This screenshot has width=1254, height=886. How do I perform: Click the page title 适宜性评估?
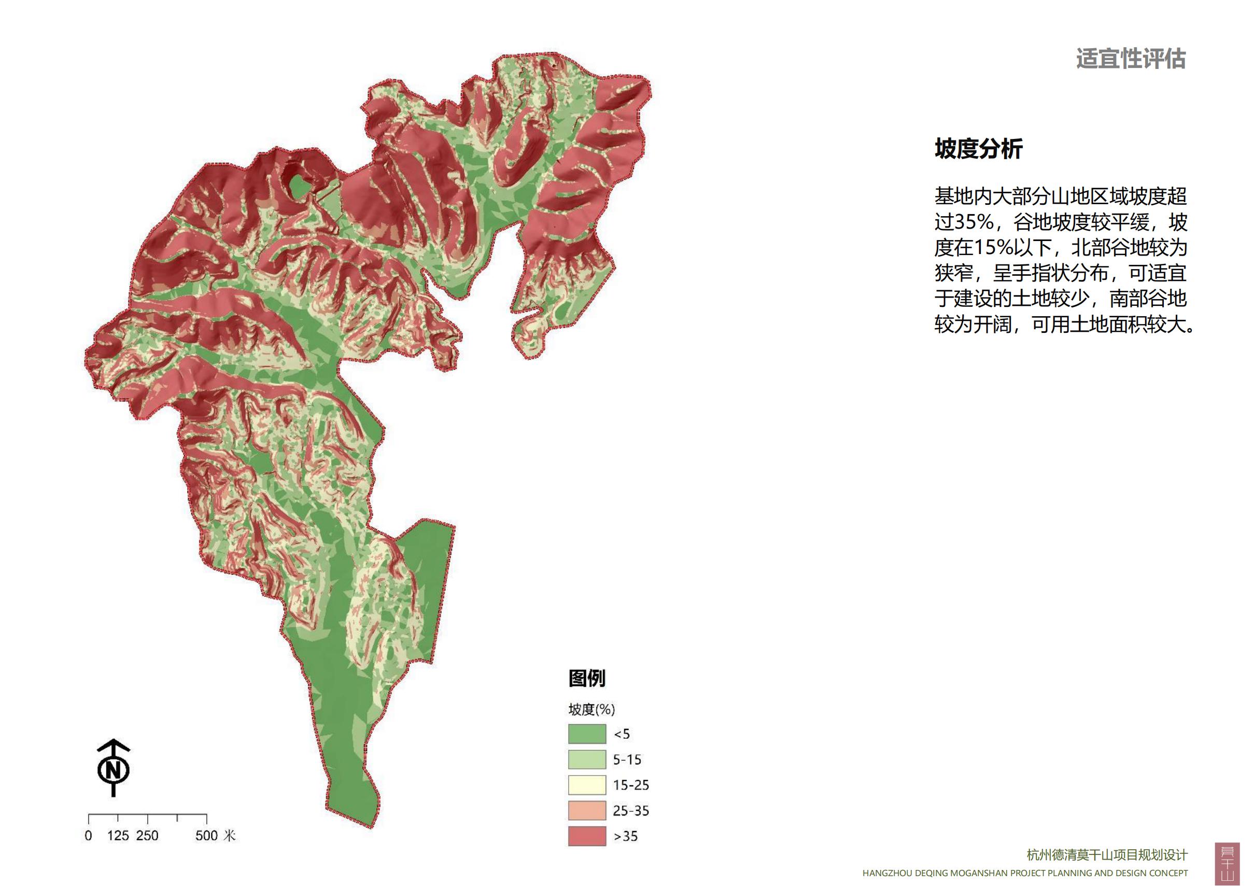coord(1130,59)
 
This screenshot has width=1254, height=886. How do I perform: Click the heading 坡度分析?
coord(978,149)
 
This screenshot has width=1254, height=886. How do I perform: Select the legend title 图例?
coord(587,679)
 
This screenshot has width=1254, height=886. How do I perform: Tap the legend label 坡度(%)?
coord(591,710)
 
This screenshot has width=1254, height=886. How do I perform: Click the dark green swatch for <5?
coord(587,734)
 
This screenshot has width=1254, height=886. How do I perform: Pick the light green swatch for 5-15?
coord(587,760)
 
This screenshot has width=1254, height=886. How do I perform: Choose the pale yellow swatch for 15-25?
coord(587,785)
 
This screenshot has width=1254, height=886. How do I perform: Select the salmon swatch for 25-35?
coord(587,811)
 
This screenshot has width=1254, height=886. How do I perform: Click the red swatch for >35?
coord(587,836)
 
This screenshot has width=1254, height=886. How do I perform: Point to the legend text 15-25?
coord(631,785)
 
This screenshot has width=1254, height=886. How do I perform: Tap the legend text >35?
coord(626,836)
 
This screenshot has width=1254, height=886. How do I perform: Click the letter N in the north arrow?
coord(113,770)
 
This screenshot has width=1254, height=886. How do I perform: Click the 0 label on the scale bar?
coord(89,836)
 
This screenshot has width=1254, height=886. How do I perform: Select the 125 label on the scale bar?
coord(118,836)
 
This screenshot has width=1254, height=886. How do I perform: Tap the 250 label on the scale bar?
coord(147,836)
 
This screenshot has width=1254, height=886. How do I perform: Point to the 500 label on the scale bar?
coord(206,836)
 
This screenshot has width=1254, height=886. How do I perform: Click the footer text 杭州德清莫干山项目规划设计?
coord(1107,855)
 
